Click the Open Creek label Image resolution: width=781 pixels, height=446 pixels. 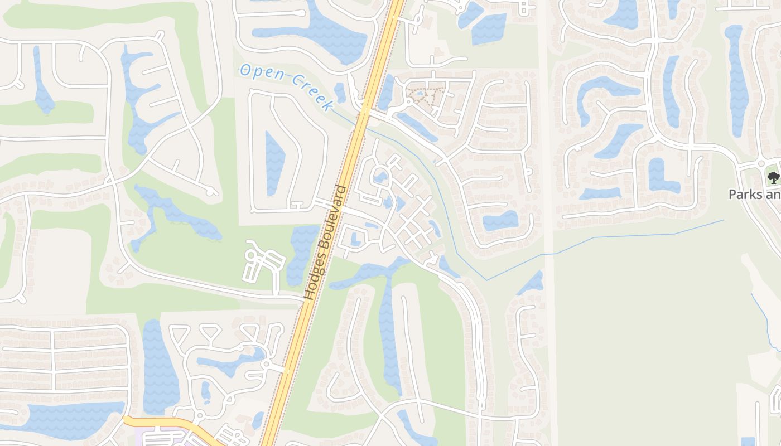tap(287, 87)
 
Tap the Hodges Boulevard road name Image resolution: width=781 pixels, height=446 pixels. tap(326, 243)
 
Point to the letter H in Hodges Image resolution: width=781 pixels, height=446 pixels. tap(308, 295)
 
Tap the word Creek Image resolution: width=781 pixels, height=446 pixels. tap(312, 94)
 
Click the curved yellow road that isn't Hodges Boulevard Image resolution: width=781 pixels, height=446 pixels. tap(167, 423)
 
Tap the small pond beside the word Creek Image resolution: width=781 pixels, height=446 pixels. tap(340, 91)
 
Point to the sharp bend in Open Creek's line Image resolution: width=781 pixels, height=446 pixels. tap(487, 279)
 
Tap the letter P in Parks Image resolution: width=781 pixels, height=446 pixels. tap(733, 195)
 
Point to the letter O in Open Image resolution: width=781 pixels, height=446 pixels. tap(245, 70)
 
